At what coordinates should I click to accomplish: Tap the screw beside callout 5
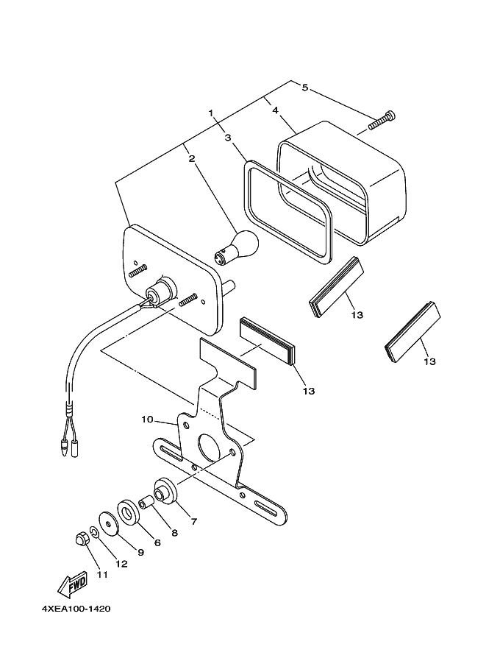pos(384,119)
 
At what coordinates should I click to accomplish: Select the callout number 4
pos(274,110)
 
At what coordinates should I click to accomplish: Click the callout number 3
pos(228,138)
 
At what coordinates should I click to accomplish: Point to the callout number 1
pos(210,113)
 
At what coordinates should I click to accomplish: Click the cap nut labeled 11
pos(82,539)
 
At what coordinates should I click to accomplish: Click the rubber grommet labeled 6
pos(131,511)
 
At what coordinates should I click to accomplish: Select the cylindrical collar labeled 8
pos(146,503)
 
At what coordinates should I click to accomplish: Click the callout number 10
pos(147,420)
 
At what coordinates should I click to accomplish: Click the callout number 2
pos(191,158)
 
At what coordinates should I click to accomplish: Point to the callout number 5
pos(304,88)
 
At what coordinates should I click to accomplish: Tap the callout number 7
pos(193,522)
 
